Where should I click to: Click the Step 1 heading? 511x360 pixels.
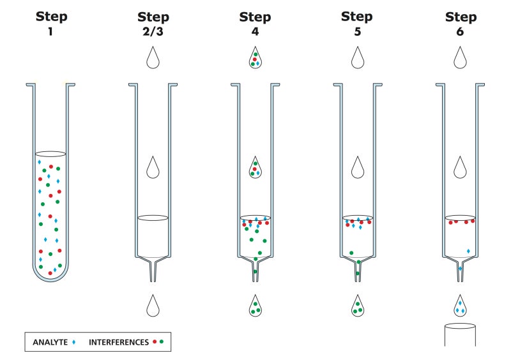(x=50, y=22)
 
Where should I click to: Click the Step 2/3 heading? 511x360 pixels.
(x=153, y=24)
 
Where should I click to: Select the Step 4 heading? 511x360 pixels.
(x=255, y=24)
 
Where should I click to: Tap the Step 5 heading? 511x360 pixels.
(x=357, y=22)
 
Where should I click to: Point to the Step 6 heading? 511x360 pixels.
(x=459, y=24)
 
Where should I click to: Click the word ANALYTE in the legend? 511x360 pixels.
(x=50, y=342)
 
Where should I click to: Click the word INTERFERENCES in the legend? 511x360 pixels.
(x=118, y=342)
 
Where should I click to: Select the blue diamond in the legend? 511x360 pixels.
(x=74, y=342)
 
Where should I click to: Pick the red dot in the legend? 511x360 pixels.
(x=155, y=342)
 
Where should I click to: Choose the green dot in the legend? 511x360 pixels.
(x=162, y=342)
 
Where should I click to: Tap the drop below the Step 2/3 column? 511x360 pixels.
(x=153, y=306)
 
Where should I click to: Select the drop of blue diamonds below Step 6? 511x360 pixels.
(x=459, y=306)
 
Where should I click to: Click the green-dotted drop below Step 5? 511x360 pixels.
(x=357, y=306)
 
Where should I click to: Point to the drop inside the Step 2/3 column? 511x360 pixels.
(x=153, y=167)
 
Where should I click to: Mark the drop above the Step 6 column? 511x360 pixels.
(x=459, y=58)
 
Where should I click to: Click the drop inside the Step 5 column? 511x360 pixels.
(x=357, y=167)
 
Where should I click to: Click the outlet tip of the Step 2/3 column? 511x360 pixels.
(x=153, y=276)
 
